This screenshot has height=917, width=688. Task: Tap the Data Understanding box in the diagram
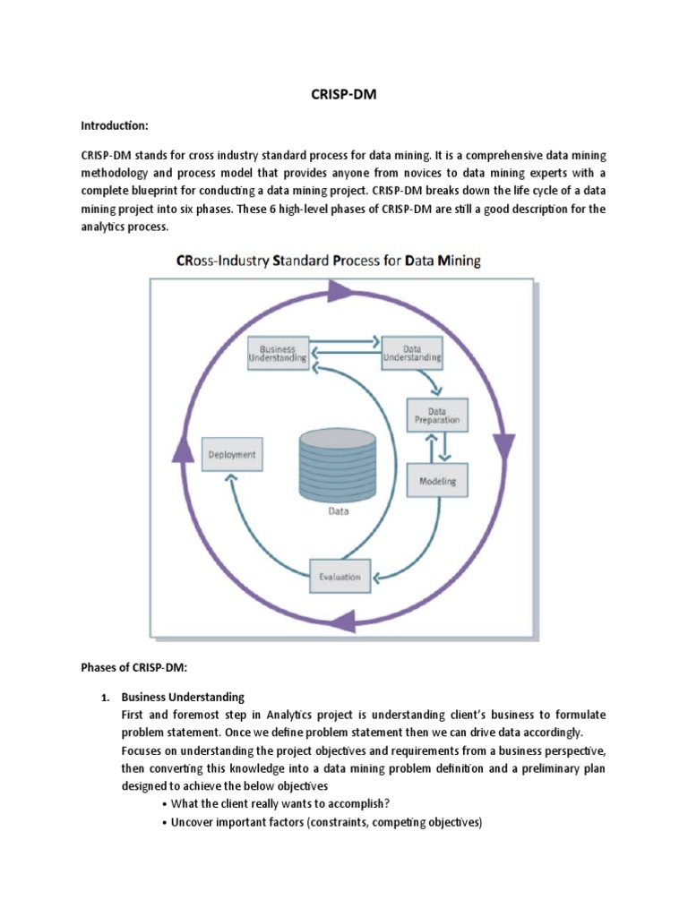(411, 352)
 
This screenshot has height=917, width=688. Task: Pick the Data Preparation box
(437, 414)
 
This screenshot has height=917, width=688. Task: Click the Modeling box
(437, 481)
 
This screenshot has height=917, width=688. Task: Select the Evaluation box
(340, 576)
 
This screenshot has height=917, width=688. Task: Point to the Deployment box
(232, 454)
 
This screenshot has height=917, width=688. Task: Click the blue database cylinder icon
(339, 467)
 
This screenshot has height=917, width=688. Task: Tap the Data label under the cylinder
(338, 513)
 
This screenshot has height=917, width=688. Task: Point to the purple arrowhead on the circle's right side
(504, 442)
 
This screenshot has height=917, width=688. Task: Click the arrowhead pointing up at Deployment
(231, 481)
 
